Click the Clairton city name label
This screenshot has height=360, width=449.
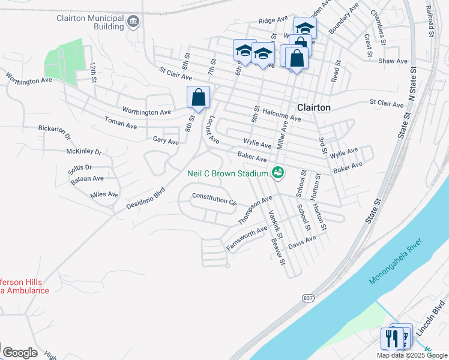[x=314, y=107]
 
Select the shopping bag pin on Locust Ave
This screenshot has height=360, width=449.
[x=198, y=98]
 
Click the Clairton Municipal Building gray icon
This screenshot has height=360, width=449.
[x=133, y=23]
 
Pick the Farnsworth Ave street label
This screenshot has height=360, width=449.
[x=246, y=238]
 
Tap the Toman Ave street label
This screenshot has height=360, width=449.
[x=121, y=124]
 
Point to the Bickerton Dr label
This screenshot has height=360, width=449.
[x=55, y=128]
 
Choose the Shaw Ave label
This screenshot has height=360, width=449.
[x=393, y=61]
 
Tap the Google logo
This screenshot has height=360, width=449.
[x=20, y=353]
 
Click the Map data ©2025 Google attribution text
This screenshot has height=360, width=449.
[x=411, y=355]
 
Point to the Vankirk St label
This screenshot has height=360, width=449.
[x=275, y=221]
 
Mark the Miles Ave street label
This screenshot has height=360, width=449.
[x=105, y=195]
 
